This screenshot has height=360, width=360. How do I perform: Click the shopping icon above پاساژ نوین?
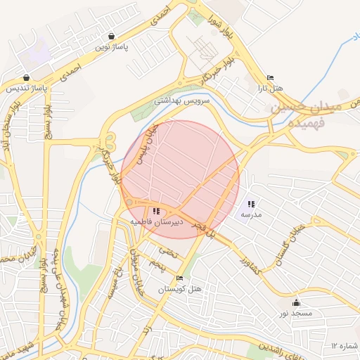(x=112, y=36)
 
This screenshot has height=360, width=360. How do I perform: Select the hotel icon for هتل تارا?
(x=271, y=78)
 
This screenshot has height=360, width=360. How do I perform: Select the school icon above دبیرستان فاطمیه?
(x=156, y=210)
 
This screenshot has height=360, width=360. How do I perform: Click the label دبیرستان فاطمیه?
(x=156, y=221)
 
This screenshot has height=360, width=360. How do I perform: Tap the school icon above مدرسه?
(x=251, y=204)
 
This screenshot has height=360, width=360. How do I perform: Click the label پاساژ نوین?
(x=112, y=46)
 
